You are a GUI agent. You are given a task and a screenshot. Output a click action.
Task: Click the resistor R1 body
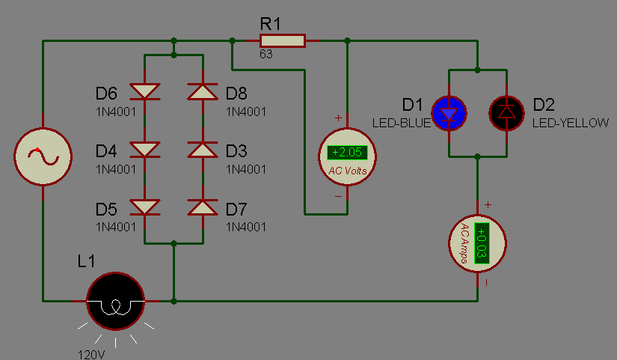pos(283,40)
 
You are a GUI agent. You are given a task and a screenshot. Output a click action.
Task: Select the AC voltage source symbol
pos(43,156)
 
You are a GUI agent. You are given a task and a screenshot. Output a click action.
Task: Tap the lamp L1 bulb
pos(115,301)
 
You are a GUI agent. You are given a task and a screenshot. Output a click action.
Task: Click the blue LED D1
pos(449,113)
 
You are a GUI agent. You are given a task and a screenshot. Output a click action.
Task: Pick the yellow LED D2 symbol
pos(506,113)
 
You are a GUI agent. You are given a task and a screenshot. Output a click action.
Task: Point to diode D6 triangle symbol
pos(145,91)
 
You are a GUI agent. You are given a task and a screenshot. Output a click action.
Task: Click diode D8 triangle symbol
pos(203,91)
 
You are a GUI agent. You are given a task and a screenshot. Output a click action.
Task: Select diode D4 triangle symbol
pos(145,149)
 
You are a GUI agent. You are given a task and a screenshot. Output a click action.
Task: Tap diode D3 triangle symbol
pos(203,149)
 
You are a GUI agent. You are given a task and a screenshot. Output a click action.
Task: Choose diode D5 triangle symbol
pos(145,207)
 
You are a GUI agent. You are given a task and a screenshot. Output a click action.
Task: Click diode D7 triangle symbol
pos(203,207)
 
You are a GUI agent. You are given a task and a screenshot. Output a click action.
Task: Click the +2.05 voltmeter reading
pos(347,153)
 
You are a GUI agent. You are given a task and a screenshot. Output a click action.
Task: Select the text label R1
pos(270,24)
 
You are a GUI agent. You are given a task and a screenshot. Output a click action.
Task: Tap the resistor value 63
pos(266,54)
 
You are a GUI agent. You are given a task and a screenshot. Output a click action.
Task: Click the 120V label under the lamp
pos(91,355)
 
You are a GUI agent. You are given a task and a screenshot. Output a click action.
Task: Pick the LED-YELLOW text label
pos(571,123)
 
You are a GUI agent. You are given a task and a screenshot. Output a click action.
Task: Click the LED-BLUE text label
pos(402,123)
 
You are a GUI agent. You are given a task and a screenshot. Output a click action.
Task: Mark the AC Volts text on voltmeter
pos(348,171)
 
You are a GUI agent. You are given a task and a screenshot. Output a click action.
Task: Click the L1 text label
pos(86,261)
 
